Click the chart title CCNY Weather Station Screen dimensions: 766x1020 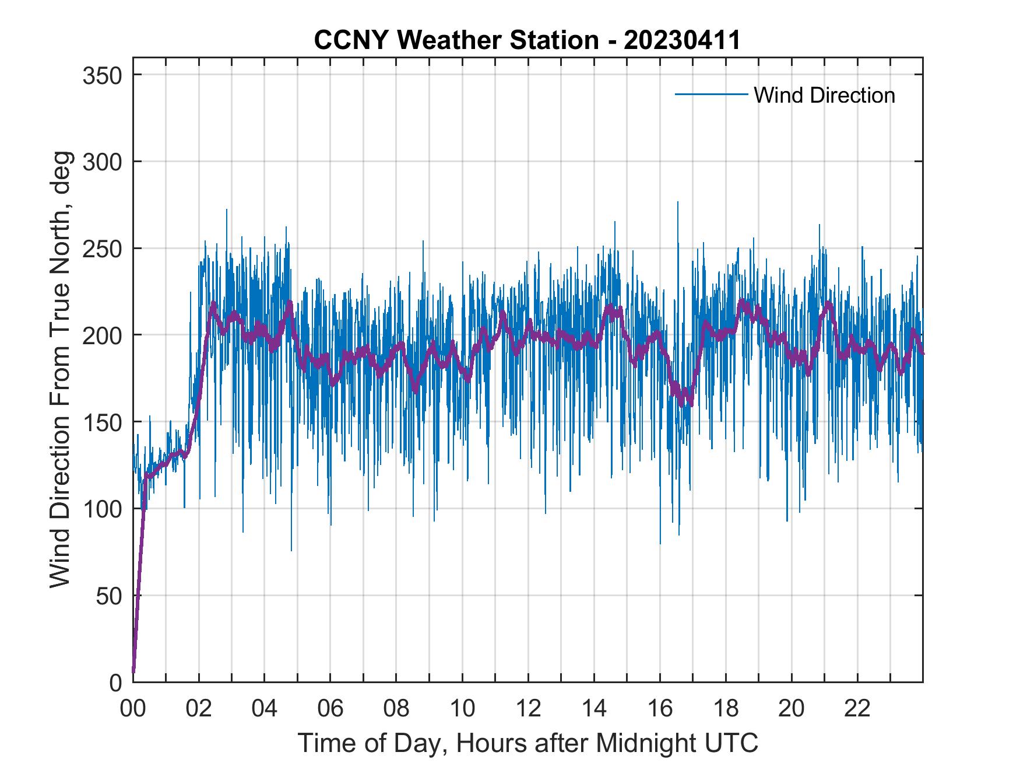click(455, 40)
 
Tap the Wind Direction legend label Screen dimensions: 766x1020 click(824, 95)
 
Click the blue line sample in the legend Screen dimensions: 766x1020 click(711, 94)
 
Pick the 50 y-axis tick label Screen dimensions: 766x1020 click(108, 596)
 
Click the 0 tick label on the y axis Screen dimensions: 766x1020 click(115, 682)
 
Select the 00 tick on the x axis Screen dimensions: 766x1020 click(133, 709)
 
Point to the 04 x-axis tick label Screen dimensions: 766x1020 click(265, 709)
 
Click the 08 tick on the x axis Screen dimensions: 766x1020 click(396, 709)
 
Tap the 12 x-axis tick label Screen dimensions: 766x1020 click(528, 709)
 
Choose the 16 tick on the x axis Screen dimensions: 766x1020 click(660, 709)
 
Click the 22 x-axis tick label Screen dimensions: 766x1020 click(857, 709)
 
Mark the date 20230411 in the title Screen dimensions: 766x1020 click(683, 40)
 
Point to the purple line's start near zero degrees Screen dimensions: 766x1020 click(133, 672)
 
